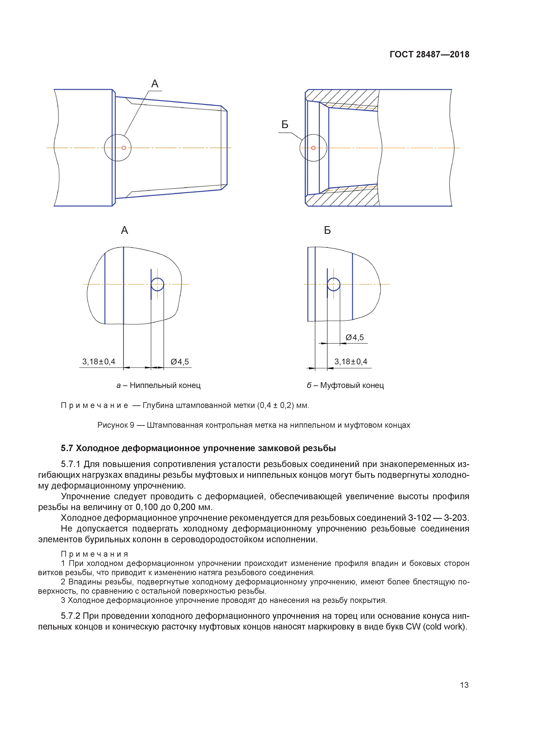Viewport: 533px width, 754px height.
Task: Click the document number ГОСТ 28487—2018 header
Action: [429, 55]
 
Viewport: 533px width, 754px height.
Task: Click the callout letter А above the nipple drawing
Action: [155, 84]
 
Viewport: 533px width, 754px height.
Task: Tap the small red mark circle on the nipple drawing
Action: [124, 148]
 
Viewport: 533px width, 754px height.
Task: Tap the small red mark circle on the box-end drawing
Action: [313, 148]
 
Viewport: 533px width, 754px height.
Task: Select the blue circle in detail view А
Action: [158, 284]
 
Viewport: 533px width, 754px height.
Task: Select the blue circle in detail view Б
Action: [334, 284]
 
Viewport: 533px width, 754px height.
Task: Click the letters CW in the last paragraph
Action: [413, 627]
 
